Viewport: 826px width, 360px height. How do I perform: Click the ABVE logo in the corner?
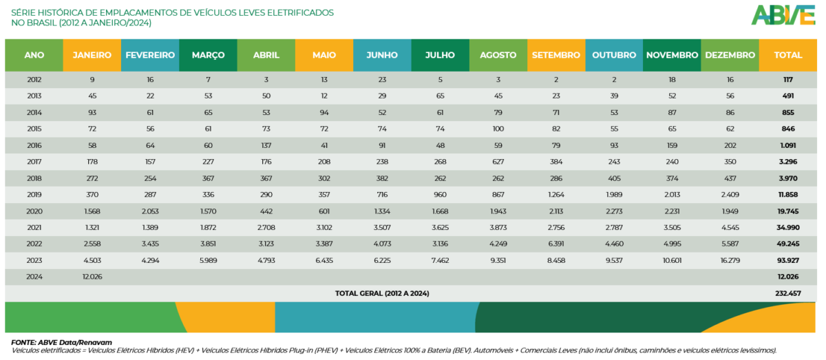click(783, 14)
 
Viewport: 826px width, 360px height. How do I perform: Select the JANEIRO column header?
click(92, 55)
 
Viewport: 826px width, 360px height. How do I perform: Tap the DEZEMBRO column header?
click(730, 55)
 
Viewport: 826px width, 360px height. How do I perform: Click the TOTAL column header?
click(788, 55)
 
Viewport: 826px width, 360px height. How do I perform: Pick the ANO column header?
click(34, 55)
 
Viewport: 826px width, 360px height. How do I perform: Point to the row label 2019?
click(34, 195)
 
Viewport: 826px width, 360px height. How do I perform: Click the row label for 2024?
click(34, 277)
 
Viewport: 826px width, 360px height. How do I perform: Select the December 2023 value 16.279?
click(730, 261)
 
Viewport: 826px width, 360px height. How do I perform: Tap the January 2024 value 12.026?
click(92, 277)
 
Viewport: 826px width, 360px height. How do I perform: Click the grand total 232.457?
click(788, 293)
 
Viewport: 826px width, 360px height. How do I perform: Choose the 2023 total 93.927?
click(788, 261)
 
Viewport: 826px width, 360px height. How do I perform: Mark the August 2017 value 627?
click(498, 162)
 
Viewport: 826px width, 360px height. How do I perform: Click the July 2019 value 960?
click(440, 195)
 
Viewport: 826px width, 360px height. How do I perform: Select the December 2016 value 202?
click(730, 146)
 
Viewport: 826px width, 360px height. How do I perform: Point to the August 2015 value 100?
click(498, 129)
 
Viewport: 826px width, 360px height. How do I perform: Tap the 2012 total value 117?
click(788, 80)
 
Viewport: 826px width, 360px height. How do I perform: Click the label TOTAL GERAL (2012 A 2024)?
click(382, 293)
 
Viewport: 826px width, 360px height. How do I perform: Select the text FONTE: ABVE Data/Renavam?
click(61, 342)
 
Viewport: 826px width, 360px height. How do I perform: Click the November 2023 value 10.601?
click(672, 261)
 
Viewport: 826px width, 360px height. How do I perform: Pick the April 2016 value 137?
click(266, 146)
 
